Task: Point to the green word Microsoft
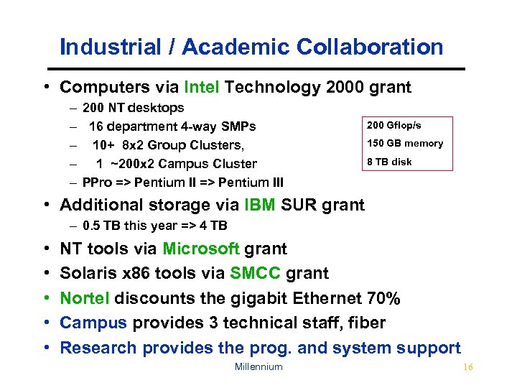[201, 249]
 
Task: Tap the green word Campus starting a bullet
[93, 323]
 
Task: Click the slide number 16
[468, 367]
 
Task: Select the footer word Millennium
[258, 367]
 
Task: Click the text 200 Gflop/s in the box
[394, 126]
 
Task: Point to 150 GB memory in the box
[405, 143]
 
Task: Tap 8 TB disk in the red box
[389, 162]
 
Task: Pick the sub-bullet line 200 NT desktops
[133, 108]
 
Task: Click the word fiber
[366, 323]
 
